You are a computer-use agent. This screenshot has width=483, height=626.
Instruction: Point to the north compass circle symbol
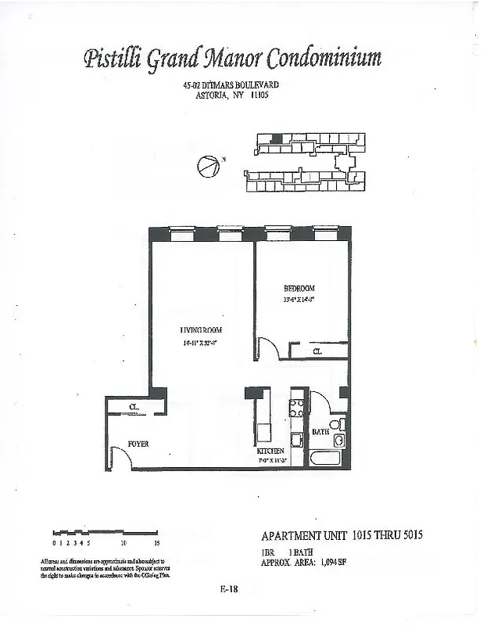207,167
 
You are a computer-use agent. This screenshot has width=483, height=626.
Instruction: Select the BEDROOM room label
299,289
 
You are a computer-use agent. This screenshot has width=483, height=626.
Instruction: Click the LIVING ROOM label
201,329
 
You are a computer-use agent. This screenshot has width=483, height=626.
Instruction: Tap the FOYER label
138,444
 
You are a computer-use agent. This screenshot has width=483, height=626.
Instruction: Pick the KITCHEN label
270,452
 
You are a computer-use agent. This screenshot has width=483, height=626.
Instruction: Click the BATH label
320,431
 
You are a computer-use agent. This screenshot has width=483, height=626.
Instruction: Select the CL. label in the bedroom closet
318,352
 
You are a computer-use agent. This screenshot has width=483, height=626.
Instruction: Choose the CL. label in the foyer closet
134,407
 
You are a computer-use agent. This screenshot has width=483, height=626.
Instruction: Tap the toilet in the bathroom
335,425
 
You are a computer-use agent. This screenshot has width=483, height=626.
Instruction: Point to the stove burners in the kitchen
297,407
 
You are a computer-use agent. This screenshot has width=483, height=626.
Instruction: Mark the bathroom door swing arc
322,402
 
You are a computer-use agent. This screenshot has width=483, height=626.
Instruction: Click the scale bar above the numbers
105,533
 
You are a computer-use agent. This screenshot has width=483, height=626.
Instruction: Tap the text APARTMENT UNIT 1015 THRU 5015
345,536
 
